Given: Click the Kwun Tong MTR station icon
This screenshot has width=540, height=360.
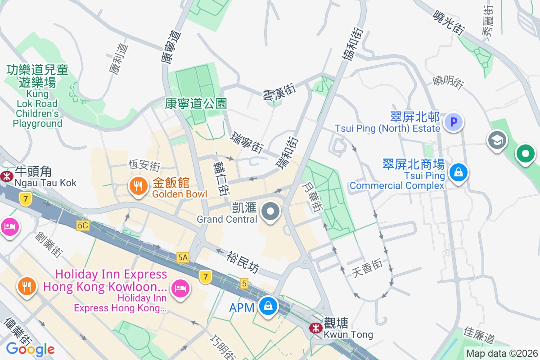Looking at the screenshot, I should [315, 328].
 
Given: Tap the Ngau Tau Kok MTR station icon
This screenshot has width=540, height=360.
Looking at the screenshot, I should [7, 176].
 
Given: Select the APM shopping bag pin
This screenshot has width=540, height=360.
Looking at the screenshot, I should [268, 306].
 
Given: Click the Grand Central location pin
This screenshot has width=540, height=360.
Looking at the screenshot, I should [271, 211].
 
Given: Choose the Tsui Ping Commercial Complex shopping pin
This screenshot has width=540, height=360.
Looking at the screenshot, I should [458, 172].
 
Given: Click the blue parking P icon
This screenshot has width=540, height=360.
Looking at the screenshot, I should [453, 121].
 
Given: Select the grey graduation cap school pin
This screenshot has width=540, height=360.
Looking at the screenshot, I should [497, 140].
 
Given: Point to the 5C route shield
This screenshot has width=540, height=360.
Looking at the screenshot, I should [83, 225].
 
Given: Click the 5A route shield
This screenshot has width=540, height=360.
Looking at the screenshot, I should [183, 257].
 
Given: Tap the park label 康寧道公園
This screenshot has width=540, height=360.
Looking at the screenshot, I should [196, 104].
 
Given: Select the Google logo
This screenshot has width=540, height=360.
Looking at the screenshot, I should [30, 349].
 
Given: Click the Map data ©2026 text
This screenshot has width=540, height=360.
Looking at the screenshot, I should [502, 353].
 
